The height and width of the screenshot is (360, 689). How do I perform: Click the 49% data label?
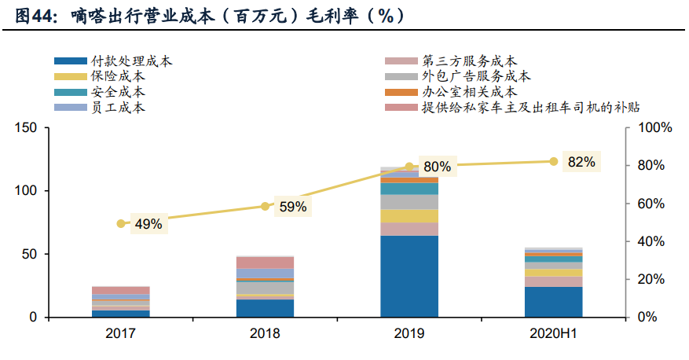pyautogui.click(x=148, y=224)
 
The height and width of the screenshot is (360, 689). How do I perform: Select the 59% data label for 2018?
pyautogui.click(x=292, y=208)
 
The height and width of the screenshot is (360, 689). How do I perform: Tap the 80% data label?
pyautogui.click(x=436, y=167)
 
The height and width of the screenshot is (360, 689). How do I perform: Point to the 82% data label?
pyautogui.click(x=581, y=162)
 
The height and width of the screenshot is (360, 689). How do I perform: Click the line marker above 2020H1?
pyautogui.click(x=553, y=161)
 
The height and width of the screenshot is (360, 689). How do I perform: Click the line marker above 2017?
pyautogui.click(x=120, y=224)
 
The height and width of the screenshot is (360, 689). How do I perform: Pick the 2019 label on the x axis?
pyautogui.click(x=409, y=334)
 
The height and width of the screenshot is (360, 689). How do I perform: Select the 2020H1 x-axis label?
pyautogui.click(x=553, y=334)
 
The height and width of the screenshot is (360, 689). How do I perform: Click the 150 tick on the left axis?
pyautogui.click(x=26, y=127)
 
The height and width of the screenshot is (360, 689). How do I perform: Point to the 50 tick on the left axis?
pyautogui.click(x=29, y=255)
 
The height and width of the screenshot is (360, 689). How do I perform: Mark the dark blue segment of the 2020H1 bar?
pyautogui.click(x=553, y=302)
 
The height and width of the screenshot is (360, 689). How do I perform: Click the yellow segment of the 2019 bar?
pyautogui.click(x=409, y=216)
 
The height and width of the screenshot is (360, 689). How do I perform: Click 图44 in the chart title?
pyautogui.click(x=31, y=15)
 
